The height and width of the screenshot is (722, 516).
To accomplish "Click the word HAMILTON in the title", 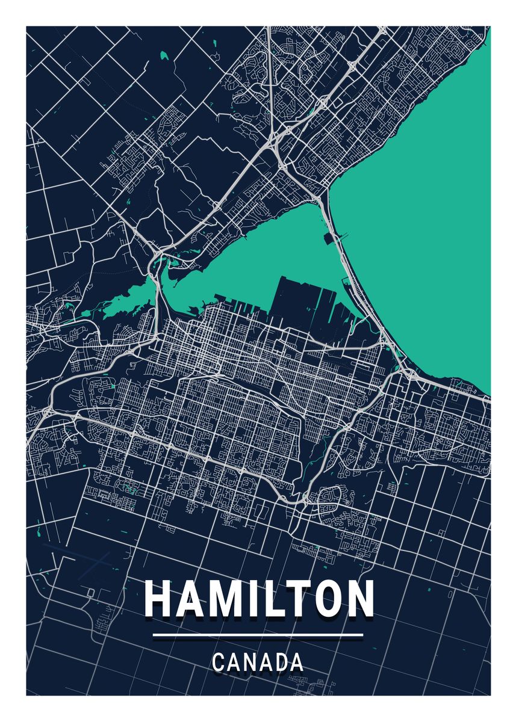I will click(259, 599).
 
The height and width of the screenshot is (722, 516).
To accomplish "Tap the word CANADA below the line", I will click(258, 663).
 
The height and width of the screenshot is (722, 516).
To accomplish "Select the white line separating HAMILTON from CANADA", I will click(258, 635).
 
